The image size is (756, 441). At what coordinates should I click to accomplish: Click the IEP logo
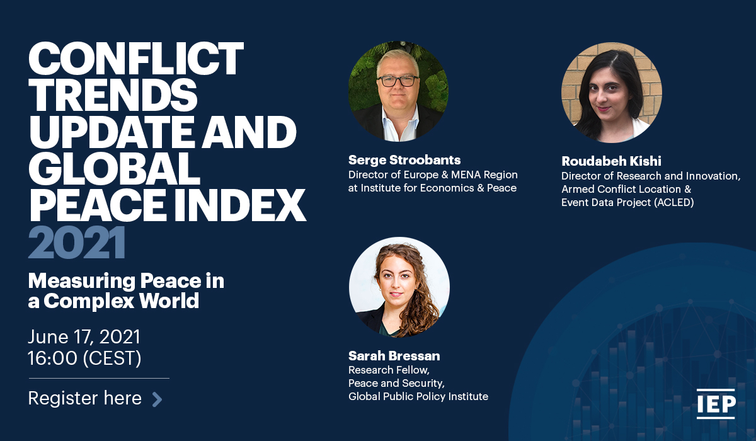coord(716,404)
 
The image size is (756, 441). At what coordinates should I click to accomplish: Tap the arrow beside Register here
coord(157,399)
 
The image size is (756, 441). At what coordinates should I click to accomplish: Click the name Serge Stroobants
coord(404,160)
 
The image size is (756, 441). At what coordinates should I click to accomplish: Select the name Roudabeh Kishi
coord(611,161)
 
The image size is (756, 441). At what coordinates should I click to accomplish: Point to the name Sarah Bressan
coord(394,356)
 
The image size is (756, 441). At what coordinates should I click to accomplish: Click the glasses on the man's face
coord(398,81)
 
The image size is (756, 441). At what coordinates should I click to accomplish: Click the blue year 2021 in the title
coord(77,243)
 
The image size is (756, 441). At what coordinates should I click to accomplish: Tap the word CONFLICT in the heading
coord(136,59)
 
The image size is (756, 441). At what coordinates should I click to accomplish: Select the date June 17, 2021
coord(84,337)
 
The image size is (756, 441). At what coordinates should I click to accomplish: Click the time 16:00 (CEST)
coord(84,358)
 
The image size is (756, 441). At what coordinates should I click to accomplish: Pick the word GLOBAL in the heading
coord(114,168)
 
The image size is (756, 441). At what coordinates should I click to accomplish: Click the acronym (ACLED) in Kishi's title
coord(674,202)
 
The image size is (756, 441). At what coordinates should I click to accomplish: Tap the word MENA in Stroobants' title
coord(466,175)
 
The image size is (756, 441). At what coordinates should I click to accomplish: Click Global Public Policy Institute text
coord(418,396)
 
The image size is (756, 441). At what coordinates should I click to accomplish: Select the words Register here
coord(84,398)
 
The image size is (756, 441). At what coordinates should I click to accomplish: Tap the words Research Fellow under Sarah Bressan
coord(389,370)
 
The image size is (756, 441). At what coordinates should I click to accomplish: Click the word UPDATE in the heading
coord(112,132)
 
